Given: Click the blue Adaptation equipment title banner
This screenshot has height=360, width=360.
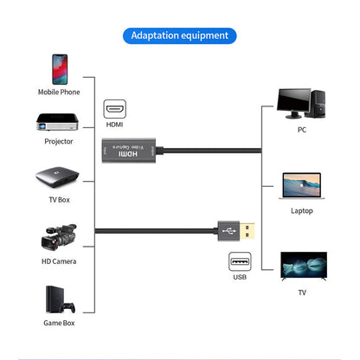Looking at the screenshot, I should (180, 35).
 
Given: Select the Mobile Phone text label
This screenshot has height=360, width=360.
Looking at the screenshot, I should (59, 92).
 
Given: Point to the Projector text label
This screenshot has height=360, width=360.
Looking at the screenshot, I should (59, 141).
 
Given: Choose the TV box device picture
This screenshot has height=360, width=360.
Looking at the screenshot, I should (58, 179).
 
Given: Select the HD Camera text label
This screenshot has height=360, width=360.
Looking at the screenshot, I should (59, 261).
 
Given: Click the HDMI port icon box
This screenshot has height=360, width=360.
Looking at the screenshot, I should (115, 110).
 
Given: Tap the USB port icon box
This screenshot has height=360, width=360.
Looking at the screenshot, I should (240, 260).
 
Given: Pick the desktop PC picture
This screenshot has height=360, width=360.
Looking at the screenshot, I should (301, 102).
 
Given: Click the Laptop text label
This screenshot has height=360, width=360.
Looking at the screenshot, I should (301, 210).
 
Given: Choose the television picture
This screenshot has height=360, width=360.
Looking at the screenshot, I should (301, 267).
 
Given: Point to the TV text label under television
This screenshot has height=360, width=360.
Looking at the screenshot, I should (301, 292).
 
